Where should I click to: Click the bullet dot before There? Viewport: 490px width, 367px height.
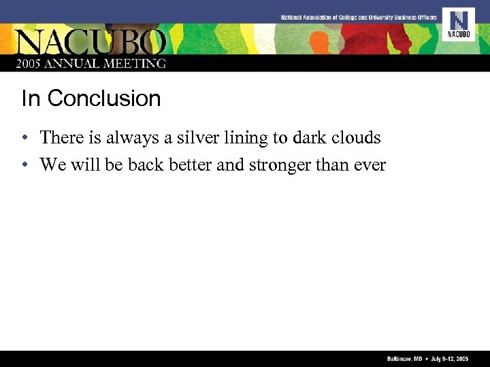click(x=24, y=139)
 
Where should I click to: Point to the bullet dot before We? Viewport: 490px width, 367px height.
click(x=24, y=166)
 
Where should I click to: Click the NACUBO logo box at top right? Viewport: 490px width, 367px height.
click(x=458, y=24)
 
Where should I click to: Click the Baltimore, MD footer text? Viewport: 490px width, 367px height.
click(x=399, y=358)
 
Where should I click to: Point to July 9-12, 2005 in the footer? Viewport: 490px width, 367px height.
click(x=449, y=358)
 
